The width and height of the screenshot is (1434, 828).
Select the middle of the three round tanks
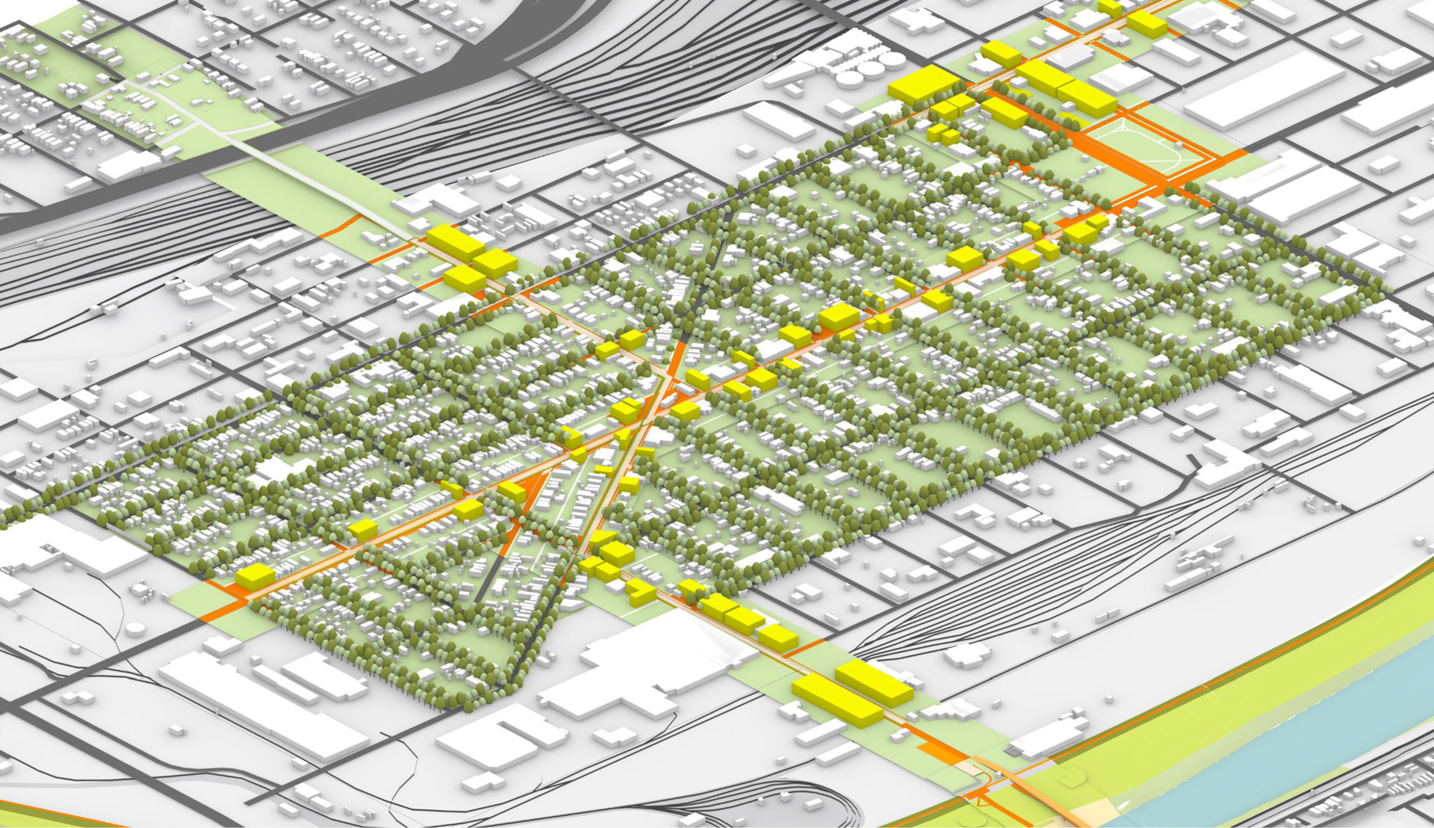point(871,70)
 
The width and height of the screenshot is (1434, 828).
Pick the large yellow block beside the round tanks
point(923,84)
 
